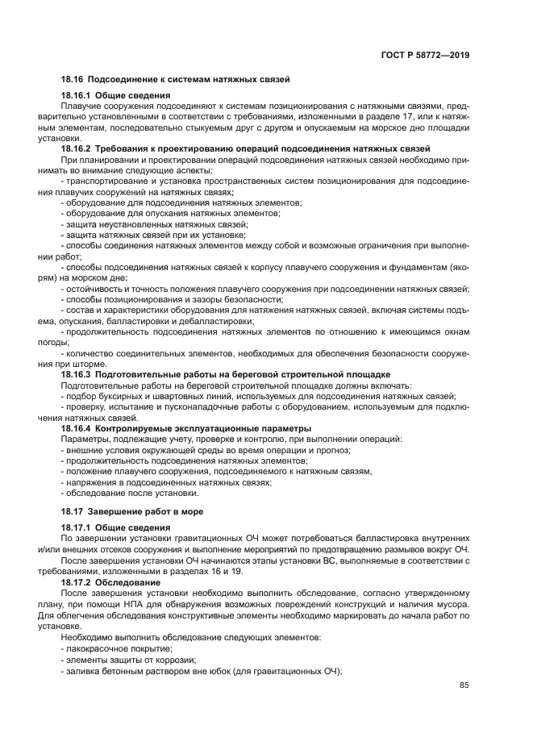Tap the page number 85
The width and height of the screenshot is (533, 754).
click(x=464, y=685)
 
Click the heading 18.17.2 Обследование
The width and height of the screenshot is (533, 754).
click(x=110, y=581)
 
